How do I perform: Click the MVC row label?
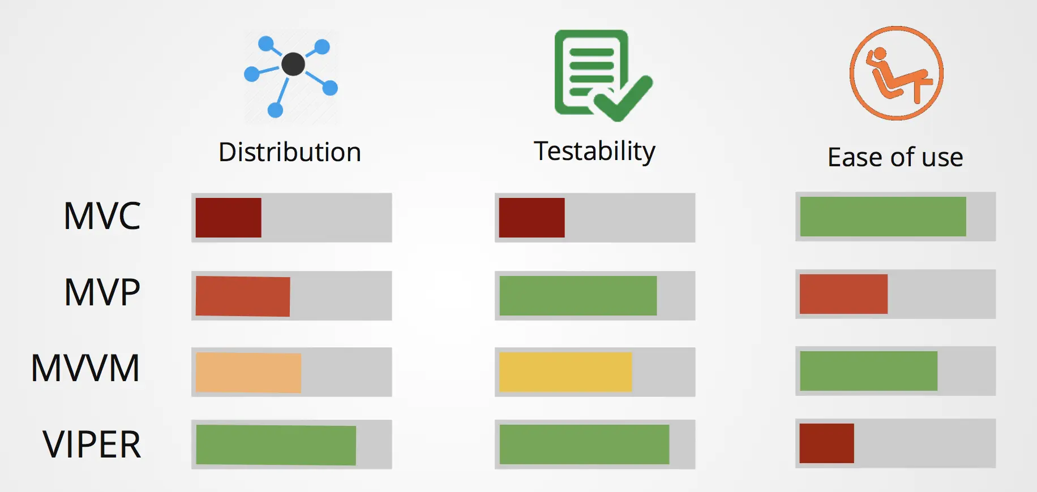[x=102, y=216]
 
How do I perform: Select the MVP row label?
[x=102, y=293]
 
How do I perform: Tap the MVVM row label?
[x=85, y=369]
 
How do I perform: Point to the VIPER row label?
[x=92, y=444]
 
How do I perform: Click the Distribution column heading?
[x=290, y=153]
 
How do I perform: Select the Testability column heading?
[x=594, y=152]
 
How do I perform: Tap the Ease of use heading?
[x=895, y=157]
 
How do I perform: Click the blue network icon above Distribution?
[x=291, y=76]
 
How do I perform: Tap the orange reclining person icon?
[x=896, y=74]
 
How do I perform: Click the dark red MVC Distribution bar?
[x=228, y=218]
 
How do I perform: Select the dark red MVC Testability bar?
[x=532, y=218]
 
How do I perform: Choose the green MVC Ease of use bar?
[x=882, y=217]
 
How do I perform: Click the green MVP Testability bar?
[x=578, y=296]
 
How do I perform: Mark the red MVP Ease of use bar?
[x=843, y=294]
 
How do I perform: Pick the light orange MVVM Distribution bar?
[x=248, y=373]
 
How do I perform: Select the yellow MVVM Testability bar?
[x=565, y=372]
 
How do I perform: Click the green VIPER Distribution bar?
[x=276, y=445]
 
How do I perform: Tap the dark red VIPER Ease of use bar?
[x=826, y=443]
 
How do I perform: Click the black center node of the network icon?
[x=293, y=64]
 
